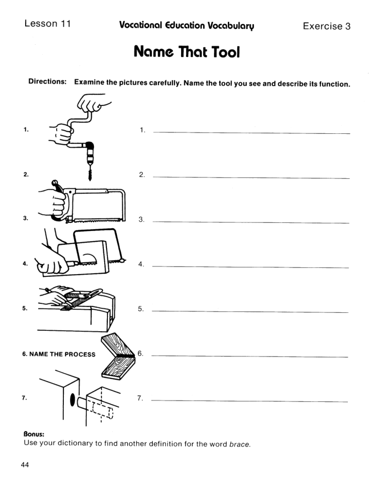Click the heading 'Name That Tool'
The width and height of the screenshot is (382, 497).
coord(187,52)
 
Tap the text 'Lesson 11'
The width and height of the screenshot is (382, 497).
coord(47,24)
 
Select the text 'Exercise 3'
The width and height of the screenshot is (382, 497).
coord(327,26)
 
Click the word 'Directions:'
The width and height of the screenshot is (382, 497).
coord(47,82)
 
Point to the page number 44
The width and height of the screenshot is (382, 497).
coord(25,465)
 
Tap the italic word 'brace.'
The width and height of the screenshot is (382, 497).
coord(240,444)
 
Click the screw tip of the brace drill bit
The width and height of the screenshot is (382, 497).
coord(90,174)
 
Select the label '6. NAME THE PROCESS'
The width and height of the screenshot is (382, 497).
coord(59,354)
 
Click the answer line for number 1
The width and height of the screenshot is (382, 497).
coord(251,133)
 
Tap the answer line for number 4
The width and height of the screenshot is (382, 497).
coord(250,267)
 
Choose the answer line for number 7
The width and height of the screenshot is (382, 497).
coord(249,401)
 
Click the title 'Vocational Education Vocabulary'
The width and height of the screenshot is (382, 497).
coord(186,26)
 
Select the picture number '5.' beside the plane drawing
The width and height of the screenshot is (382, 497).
coord(25,309)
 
